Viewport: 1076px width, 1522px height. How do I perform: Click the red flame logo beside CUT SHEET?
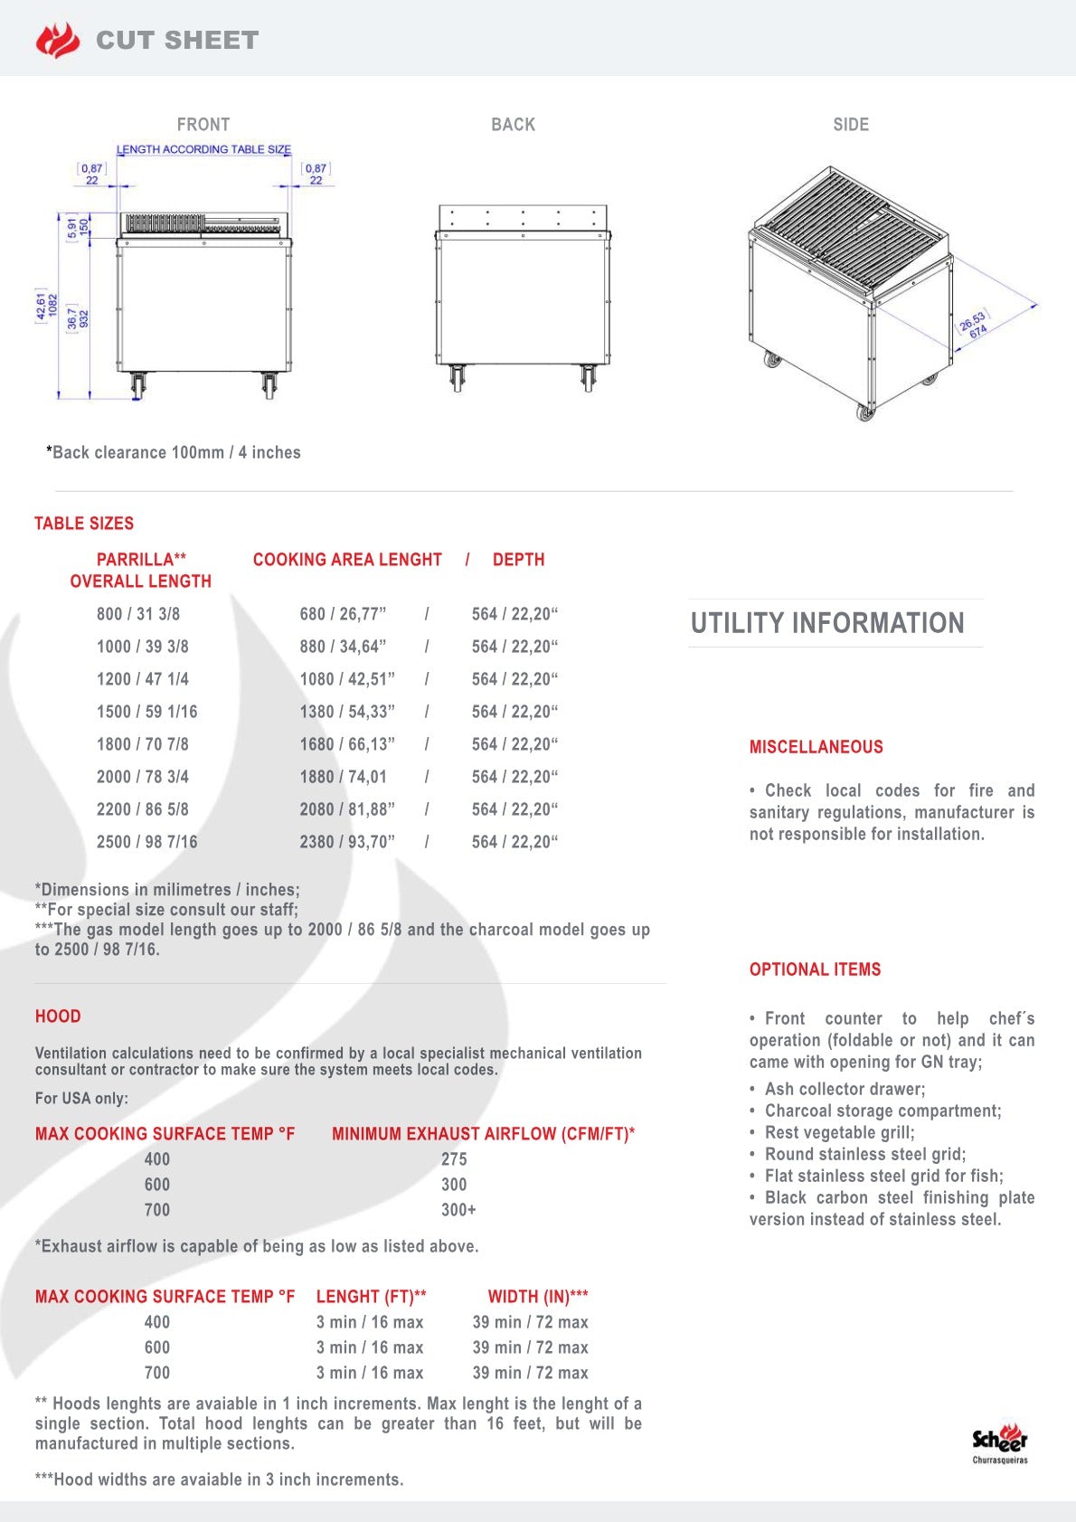click(x=58, y=41)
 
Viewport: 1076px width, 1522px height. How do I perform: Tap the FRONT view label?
click(x=203, y=125)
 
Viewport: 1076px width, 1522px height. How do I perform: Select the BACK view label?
click(x=513, y=125)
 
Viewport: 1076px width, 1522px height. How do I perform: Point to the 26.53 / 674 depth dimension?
click(x=973, y=325)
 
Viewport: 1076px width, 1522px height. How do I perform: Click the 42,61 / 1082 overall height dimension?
click(x=46, y=306)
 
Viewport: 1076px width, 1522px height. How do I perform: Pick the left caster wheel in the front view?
click(x=137, y=385)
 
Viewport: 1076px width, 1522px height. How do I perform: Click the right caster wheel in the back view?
click(x=589, y=377)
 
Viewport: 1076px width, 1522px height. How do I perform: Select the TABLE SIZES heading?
click(x=84, y=524)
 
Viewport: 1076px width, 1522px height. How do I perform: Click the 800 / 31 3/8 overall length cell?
click(x=138, y=614)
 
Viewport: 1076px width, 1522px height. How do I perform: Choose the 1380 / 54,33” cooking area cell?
click(x=347, y=712)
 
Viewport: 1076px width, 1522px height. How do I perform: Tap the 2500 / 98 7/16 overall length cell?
click(x=146, y=842)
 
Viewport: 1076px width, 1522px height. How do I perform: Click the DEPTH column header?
click(x=518, y=560)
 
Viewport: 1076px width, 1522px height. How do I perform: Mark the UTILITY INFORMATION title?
click(x=827, y=623)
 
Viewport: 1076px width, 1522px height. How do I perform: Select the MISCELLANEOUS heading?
click(x=816, y=747)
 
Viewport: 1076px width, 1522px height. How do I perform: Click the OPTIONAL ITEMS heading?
click(x=815, y=969)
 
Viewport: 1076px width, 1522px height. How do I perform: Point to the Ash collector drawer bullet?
click(x=845, y=1089)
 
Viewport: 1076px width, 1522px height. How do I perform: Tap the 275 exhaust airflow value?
click(x=454, y=1159)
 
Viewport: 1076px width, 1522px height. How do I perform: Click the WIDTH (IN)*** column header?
click(x=538, y=1297)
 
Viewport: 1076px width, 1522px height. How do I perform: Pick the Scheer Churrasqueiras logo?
click(x=1000, y=1442)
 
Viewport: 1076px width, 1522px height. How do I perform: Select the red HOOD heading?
click(x=58, y=1016)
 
